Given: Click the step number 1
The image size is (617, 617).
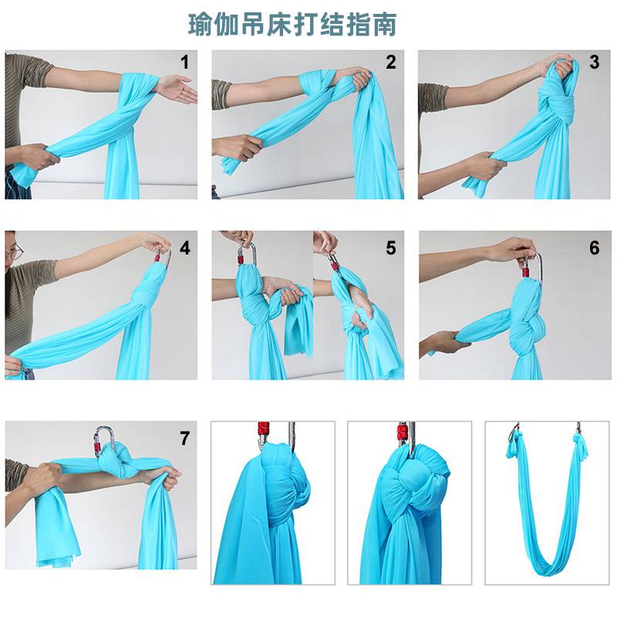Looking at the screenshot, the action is pyautogui.click(x=184, y=62).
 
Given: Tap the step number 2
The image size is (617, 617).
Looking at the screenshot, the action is pyautogui.click(x=391, y=62).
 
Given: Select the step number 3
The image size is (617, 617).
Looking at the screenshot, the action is pyautogui.click(x=595, y=62).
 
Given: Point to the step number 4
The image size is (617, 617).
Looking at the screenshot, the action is pyautogui.click(x=185, y=248).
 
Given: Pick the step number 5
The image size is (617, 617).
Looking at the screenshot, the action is pyautogui.click(x=391, y=248).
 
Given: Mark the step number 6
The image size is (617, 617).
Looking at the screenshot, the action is pyautogui.click(x=595, y=248).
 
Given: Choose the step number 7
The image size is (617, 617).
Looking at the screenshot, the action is pyautogui.click(x=184, y=438).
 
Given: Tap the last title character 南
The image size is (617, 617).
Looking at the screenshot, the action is pyautogui.click(x=384, y=25).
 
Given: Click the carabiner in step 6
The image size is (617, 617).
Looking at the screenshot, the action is pyautogui.click(x=532, y=267).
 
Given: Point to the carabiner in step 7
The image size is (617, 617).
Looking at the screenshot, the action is pyautogui.click(x=104, y=441).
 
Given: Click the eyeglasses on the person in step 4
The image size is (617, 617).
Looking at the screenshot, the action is pyautogui.click(x=15, y=251).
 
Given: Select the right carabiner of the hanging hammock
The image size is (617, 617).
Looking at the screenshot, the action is pyautogui.click(x=578, y=428).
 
